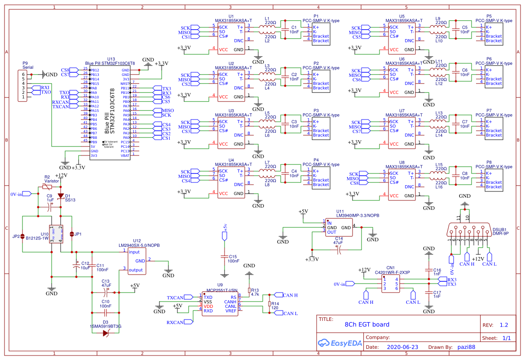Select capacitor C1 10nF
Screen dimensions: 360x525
[x=284, y=30]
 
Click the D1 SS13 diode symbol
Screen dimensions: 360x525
[x=61, y=195]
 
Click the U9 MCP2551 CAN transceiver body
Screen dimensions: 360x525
[x=220, y=304]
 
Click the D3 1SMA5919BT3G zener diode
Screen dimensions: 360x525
[x=106, y=333]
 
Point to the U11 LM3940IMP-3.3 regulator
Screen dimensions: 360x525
[x=339, y=227]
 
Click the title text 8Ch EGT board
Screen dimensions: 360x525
[x=367, y=324]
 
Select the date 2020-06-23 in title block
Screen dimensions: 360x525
[x=402, y=347]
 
